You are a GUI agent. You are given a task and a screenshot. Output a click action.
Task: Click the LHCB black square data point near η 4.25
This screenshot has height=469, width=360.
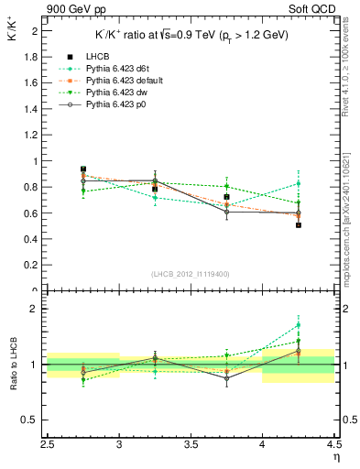(299, 224)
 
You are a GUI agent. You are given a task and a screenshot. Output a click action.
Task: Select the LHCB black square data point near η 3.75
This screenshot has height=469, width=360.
(227, 197)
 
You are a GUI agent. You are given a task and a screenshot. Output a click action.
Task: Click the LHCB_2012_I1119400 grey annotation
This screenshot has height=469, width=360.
(191, 274)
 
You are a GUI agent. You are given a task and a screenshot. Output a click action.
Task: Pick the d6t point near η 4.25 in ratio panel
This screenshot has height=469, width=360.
(299, 325)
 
